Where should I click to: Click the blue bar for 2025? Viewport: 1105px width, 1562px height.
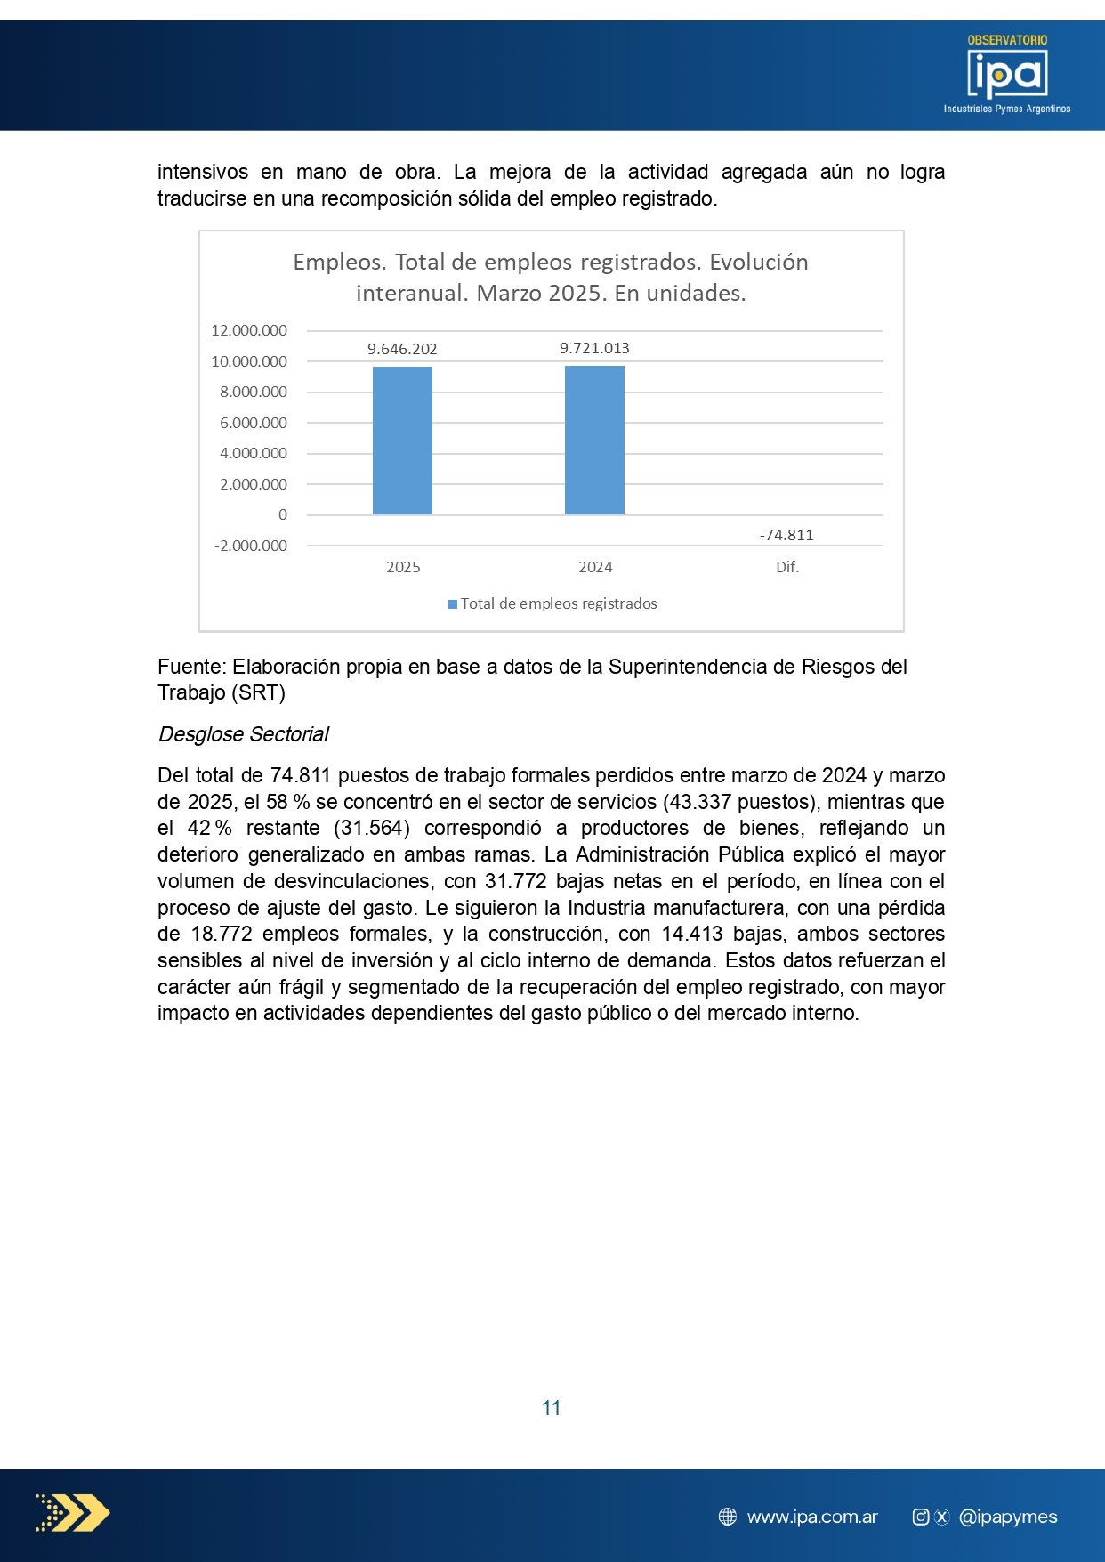402,441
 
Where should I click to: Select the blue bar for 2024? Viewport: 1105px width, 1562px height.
594,441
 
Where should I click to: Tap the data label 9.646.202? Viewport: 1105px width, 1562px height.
402,349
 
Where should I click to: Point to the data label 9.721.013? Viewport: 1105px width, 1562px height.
594,348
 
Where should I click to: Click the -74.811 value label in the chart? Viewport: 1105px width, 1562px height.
786,535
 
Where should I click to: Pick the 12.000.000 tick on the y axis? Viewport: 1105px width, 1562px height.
249,330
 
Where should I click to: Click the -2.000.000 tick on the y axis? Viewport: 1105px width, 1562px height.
251,546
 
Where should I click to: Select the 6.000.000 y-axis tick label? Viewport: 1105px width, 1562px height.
254,423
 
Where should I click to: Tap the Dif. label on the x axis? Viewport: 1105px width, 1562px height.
787,567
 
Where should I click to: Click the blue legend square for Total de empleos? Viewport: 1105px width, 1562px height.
453,604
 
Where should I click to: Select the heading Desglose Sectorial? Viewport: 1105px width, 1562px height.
243,734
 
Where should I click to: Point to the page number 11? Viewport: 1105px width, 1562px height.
552,1408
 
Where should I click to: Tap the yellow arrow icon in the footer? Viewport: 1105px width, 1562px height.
73,1513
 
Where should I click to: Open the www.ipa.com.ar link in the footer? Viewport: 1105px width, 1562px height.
812,1517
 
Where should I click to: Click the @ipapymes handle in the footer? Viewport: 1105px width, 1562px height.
1008,1517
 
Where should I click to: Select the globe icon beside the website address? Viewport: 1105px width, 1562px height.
728,1517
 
